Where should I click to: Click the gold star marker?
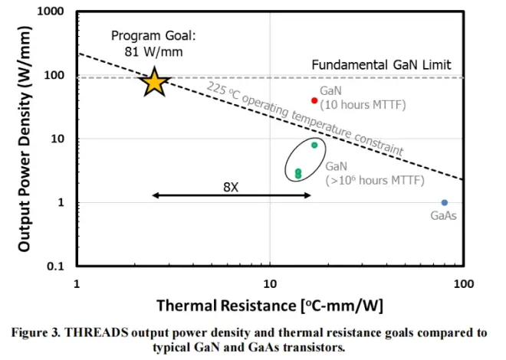pos(155,81)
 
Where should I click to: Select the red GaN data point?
pos(314,100)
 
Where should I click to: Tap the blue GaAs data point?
pos(445,202)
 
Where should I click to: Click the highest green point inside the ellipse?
pos(314,145)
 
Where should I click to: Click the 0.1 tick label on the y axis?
pos(55,267)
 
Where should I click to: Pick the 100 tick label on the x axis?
pos(463,284)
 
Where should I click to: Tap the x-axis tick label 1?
pos(77,284)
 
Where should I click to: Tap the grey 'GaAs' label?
pos(444,215)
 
